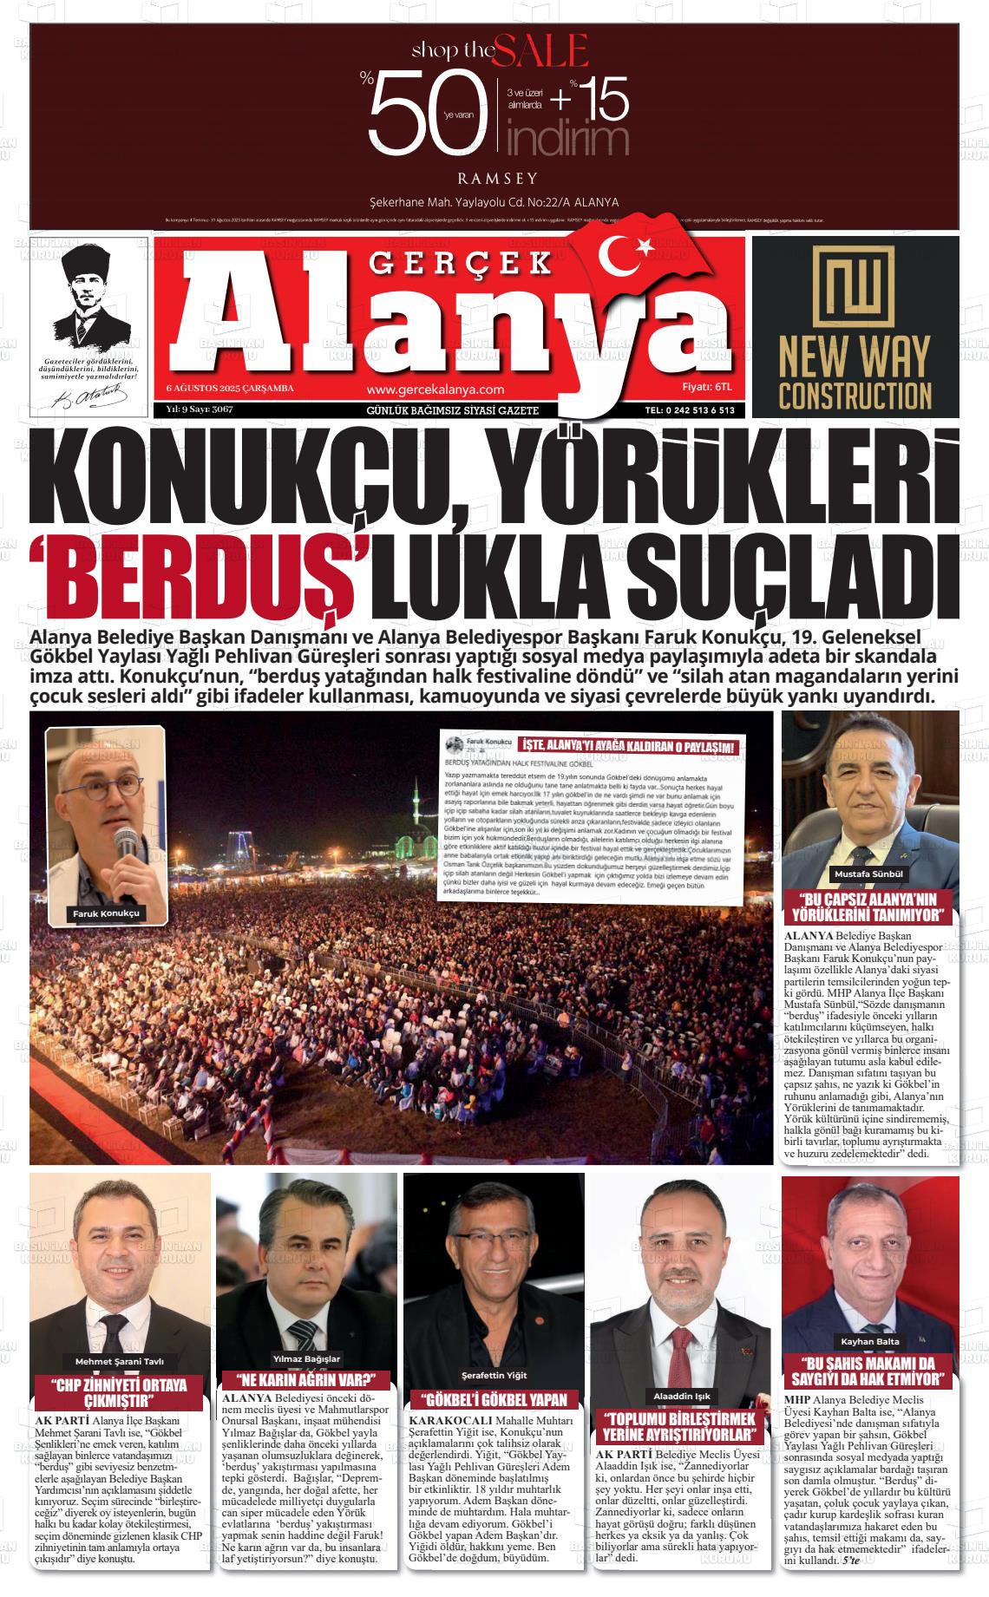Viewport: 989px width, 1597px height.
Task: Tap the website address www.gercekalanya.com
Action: pos(435,390)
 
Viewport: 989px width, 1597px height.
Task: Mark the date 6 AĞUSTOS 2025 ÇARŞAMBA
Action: pos(230,388)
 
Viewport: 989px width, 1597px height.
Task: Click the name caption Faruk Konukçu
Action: pos(106,914)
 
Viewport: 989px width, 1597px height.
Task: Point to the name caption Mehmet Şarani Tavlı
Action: pos(120,1361)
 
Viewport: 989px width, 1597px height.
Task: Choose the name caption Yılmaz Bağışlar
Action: pos(306,1358)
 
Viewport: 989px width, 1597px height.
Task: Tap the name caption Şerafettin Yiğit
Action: pos(494,1375)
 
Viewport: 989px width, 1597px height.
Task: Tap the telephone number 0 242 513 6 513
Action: pos(690,410)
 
